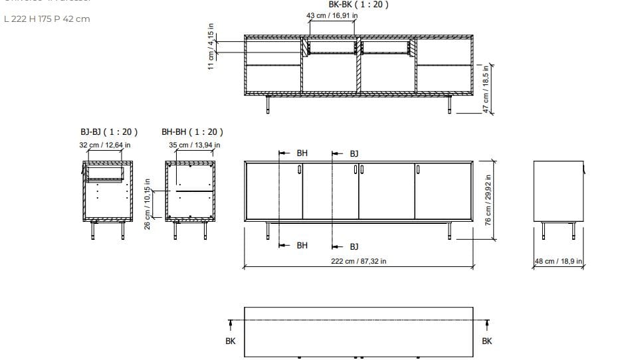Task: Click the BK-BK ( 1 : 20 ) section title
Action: [359, 5]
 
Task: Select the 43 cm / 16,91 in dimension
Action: [332, 15]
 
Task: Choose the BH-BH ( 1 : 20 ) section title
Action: [192, 132]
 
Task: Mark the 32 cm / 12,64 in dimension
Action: [105, 144]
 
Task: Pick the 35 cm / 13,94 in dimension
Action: [195, 144]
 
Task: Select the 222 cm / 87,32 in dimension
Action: [359, 261]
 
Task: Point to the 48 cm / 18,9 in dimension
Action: [558, 261]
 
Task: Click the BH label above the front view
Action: [302, 153]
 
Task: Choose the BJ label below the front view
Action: [354, 246]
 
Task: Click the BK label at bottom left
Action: [231, 341]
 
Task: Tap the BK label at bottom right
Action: [487, 341]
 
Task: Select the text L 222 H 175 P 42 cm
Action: [47, 19]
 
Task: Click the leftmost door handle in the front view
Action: [300, 170]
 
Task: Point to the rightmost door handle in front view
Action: [418, 170]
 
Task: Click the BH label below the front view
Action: [302, 246]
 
